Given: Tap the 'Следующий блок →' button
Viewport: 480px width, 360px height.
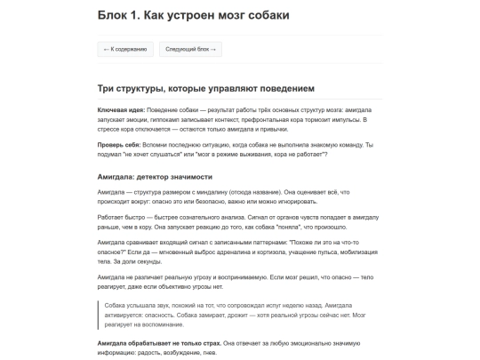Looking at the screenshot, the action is pyautogui.click(x=190, y=50).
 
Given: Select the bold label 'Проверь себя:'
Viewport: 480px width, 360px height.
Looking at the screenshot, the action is pyautogui.click(x=116, y=144).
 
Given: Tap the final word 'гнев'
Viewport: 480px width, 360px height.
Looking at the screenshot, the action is pyautogui.click(x=206, y=351).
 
